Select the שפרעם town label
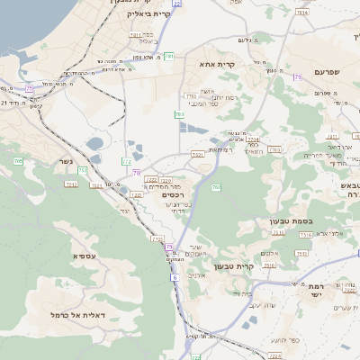331,71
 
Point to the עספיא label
86,256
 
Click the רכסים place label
174,194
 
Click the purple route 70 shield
136,172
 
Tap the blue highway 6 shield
174,277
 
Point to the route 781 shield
168,56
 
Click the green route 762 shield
216,187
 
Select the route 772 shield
126,160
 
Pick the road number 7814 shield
134,34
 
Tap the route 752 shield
83,170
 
